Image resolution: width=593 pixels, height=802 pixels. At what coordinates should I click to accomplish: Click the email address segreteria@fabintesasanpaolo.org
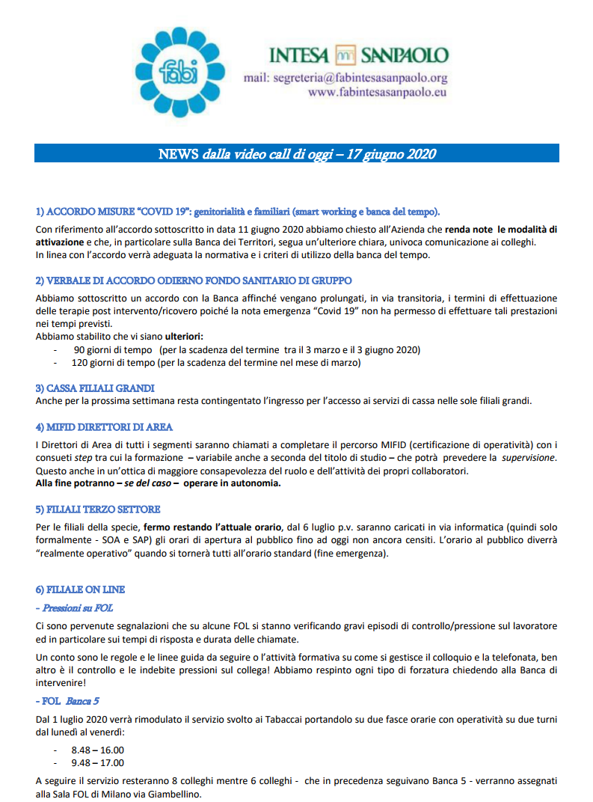click(x=345, y=78)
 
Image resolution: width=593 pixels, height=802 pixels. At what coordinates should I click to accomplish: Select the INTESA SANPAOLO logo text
click(x=359, y=55)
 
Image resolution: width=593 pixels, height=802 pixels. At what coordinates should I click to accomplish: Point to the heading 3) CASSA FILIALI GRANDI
click(x=95, y=388)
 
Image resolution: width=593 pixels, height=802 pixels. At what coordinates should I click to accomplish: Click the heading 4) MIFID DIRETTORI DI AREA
click(x=104, y=427)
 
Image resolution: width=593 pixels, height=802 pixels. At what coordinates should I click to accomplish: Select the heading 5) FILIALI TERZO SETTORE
click(x=99, y=509)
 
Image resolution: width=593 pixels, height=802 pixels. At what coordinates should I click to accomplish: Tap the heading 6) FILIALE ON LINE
click(x=80, y=590)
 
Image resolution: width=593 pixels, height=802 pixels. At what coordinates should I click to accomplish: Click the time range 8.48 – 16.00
click(x=98, y=750)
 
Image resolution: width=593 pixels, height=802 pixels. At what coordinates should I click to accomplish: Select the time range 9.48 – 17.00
click(x=98, y=763)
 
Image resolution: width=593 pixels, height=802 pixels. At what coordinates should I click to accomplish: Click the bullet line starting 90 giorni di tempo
click(x=247, y=350)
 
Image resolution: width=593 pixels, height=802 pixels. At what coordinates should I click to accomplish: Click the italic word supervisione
click(x=529, y=457)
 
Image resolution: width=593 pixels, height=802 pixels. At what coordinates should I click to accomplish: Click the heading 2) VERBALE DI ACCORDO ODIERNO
click(x=194, y=281)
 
